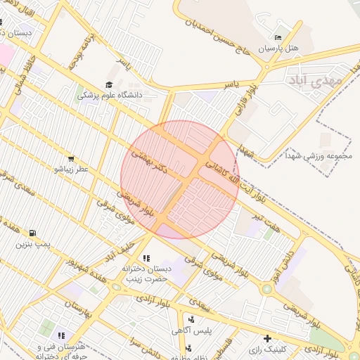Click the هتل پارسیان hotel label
[279, 49]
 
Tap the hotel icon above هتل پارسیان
[278, 38]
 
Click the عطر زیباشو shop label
[70, 169]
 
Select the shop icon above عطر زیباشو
[70, 159]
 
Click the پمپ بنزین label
[34, 244]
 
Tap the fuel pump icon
[33, 233]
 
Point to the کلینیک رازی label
[269, 349]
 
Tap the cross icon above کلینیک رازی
[267, 338]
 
